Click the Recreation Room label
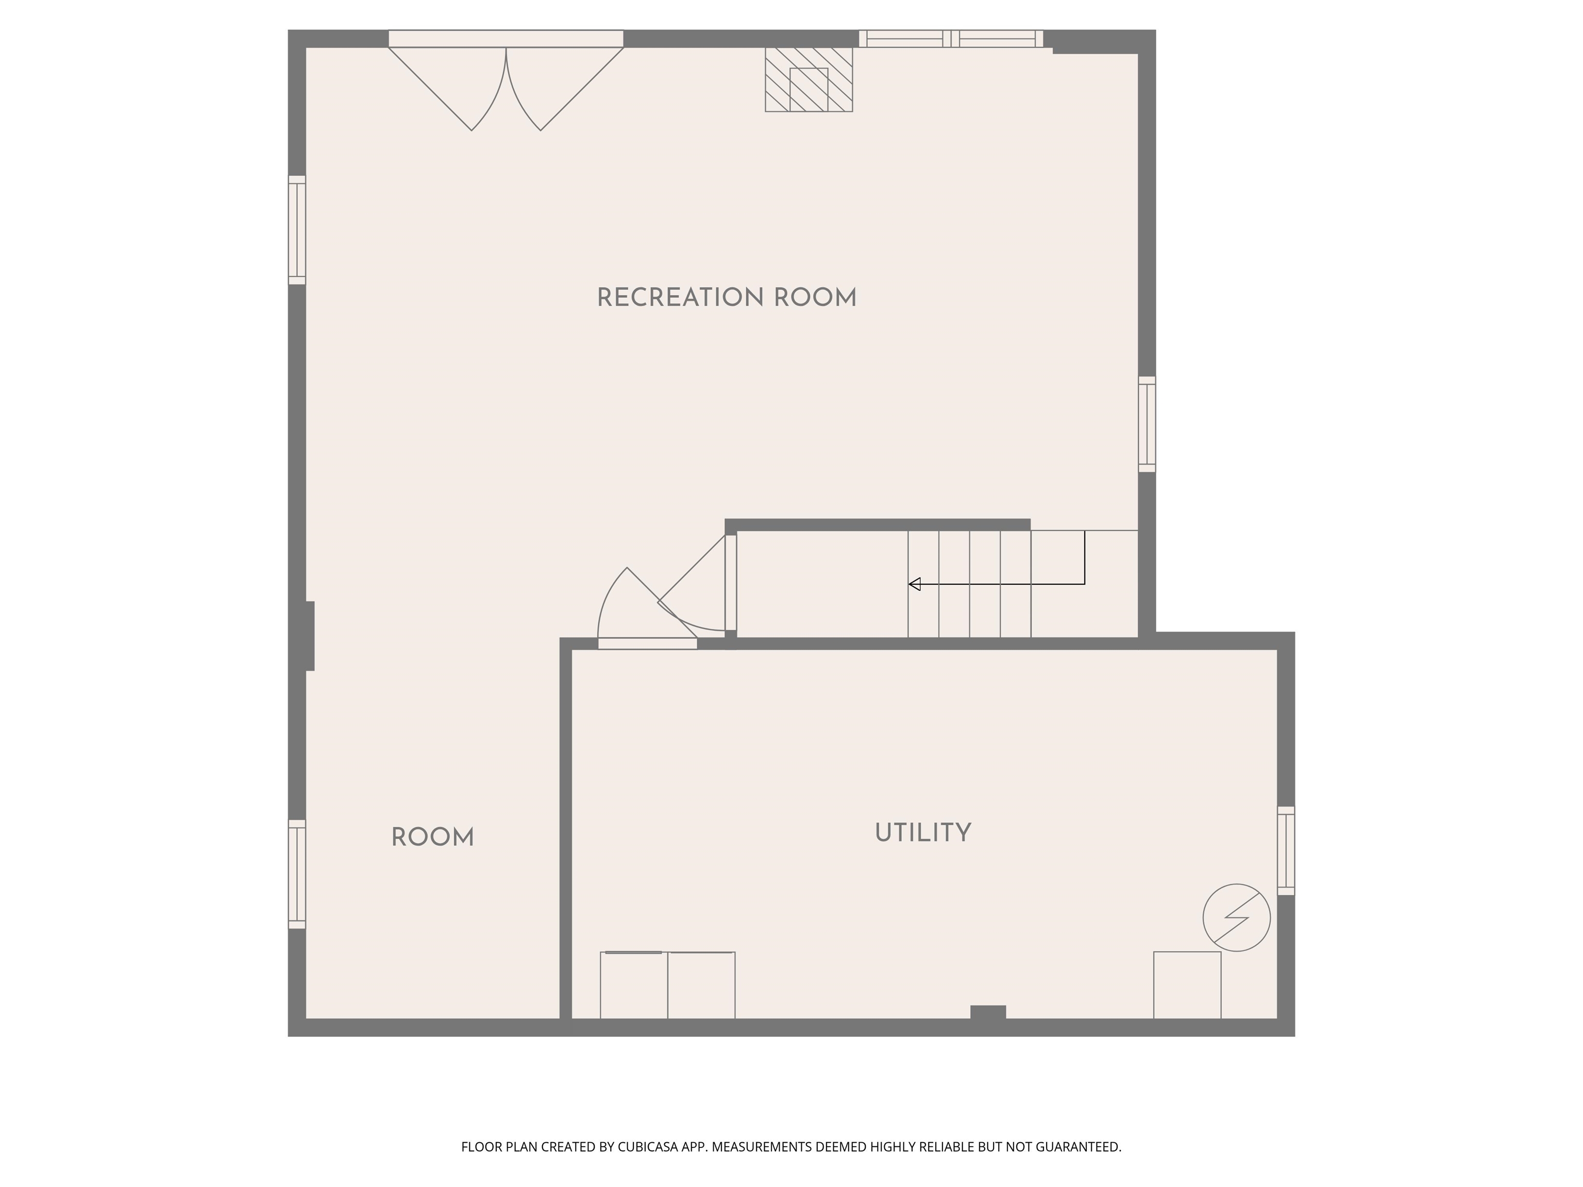point(727,298)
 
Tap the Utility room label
point(922,833)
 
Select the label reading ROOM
point(432,837)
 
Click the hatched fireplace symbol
point(809,79)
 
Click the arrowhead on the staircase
point(914,585)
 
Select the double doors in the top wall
point(506,79)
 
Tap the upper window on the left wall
point(297,230)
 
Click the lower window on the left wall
point(297,874)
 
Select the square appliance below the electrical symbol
point(1187,985)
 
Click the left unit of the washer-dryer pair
point(633,985)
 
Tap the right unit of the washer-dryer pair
point(701,985)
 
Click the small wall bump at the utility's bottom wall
point(988,1012)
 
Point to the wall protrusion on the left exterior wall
point(310,636)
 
